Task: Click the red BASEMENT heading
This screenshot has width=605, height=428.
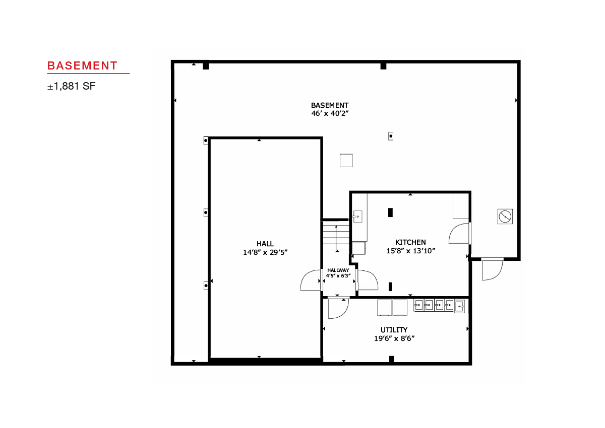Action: pyautogui.click(x=82, y=66)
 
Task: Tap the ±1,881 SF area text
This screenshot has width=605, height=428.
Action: pyautogui.click(x=72, y=86)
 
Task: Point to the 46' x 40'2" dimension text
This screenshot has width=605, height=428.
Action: pyautogui.click(x=330, y=113)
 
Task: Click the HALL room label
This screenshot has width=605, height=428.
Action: pyautogui.click(x=265, y=244)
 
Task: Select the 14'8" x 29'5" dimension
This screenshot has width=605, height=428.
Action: pyautogui.click(x=265, y=252)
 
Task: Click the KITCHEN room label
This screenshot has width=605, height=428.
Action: pyautogui.click(x=410, y=242)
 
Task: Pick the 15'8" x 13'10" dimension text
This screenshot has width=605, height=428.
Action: pyautogui.click(x=410, y=251)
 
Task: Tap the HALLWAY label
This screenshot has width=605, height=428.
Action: pyautogui.click(x=338, y=270)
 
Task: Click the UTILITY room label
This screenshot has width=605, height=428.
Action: pyautogui.click(x=394, y=330)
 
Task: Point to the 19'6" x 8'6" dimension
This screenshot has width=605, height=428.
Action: pyautogui.click(x=394, y=338)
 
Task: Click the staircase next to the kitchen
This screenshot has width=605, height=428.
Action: pyautogui.click(x=336, y=237)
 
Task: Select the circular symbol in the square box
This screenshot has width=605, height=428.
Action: pyautogui.click(x=505, y=217)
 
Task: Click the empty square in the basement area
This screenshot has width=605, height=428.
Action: pyautogui.click(x=346, y=161)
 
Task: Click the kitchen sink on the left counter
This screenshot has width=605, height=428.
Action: pyautogui.click(x=357, y=217)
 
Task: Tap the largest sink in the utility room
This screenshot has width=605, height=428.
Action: pyautogui.click(x=459, y=306)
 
